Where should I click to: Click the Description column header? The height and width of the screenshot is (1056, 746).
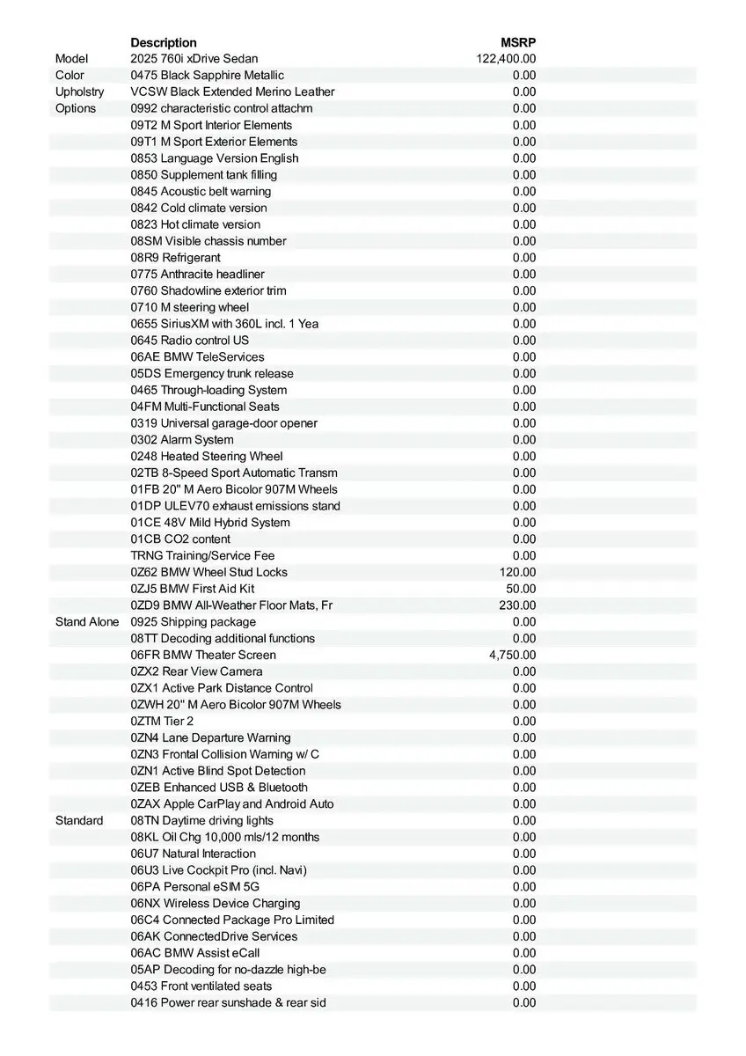click(164, 42)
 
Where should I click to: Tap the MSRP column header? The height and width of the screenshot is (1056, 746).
click(518, 42)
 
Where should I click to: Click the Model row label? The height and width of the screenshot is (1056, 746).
click(72, 59)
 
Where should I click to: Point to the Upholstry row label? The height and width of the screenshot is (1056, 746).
click(79, 92)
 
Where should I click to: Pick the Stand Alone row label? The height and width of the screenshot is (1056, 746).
click(87, 622)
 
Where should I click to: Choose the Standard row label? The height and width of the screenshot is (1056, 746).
click(79, 820)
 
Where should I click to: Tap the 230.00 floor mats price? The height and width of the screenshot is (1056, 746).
click(520, 605)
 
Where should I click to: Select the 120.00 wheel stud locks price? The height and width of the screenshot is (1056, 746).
click(520, 572)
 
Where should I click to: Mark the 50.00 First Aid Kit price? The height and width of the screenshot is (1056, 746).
click(523, 589)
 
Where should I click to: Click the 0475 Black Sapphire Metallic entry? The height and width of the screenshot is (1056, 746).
click(208, 76)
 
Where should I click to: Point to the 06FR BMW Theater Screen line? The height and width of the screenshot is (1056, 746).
click(203, 655)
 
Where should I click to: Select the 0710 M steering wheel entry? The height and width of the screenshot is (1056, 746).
click(190, 307)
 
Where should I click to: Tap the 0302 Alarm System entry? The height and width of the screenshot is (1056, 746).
click(182, 440)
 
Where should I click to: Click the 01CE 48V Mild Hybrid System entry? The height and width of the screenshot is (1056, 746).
click(210, 523)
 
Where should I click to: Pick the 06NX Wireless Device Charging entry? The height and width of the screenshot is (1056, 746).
click(216, 903)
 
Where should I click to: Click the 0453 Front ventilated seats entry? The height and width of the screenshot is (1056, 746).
click(201, 986)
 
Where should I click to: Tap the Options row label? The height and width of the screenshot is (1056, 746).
click(76, 108)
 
